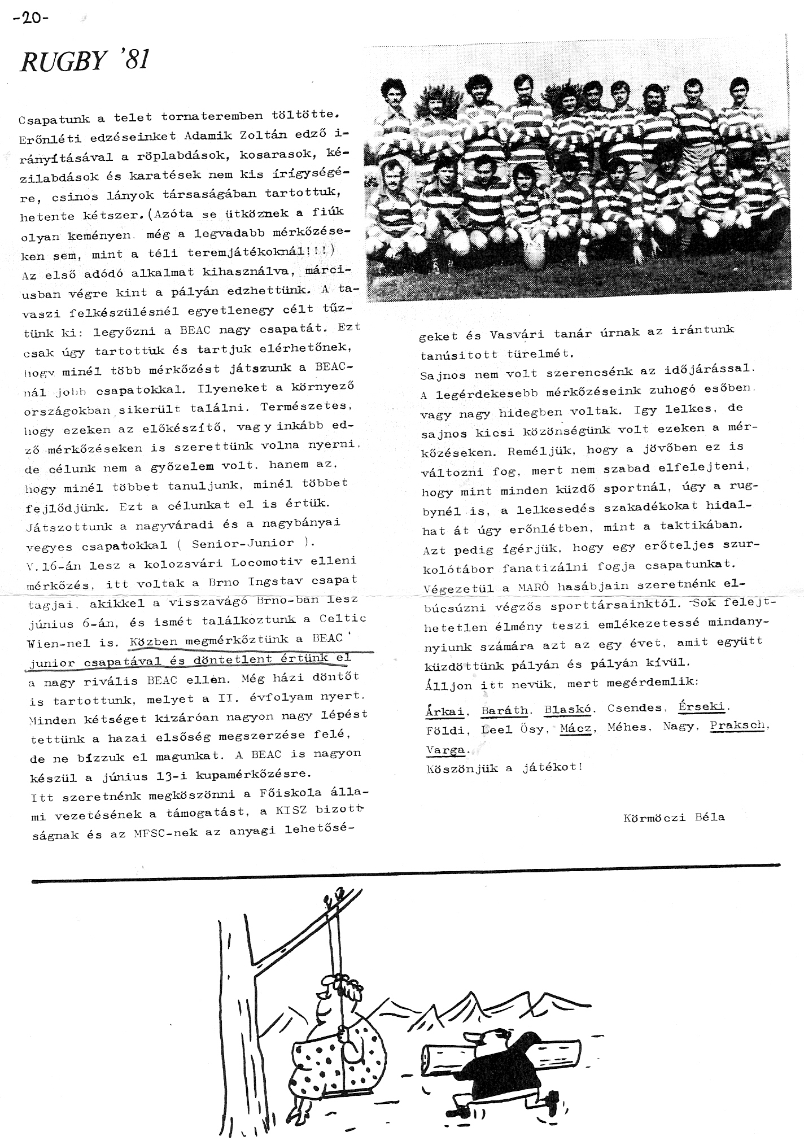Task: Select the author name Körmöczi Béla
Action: point(674,817)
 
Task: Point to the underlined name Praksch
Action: point(737,725)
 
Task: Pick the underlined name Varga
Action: point(445,750)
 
